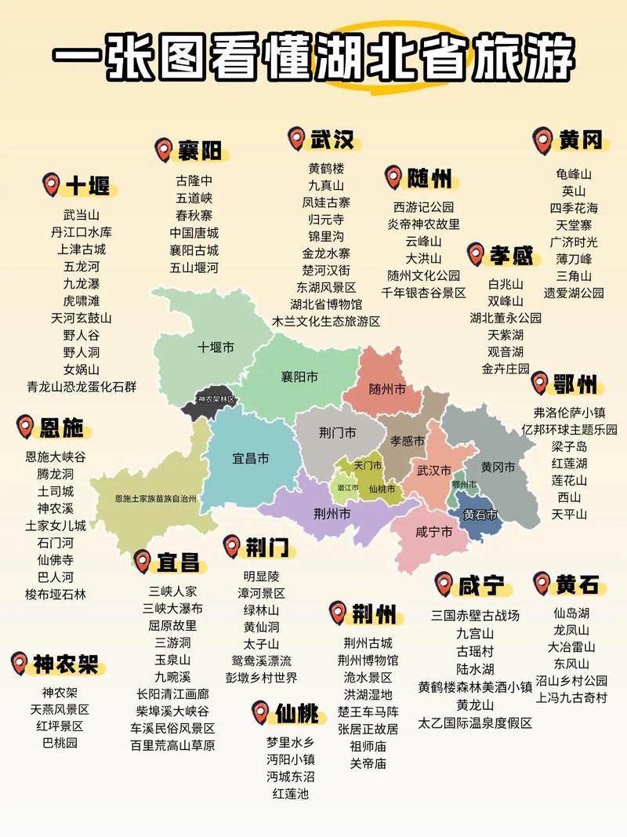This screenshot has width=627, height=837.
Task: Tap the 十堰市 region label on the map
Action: pyautogui.click(x=216, y=346)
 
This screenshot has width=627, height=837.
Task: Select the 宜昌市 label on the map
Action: pyautogui.click(x=251, y=457)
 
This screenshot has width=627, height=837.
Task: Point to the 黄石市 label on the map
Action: pyautogui.click(x=480, y=515)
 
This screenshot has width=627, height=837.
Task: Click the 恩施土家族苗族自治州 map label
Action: pyautogui.click(x=155, y=498)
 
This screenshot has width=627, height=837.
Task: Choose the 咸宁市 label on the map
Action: pyautogui.click(x=433, y=532)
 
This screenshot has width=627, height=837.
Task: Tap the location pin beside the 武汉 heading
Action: pyautogui.click(x=296, y=139)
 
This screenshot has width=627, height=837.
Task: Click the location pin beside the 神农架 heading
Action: pyautogui.click(x=20, y=664)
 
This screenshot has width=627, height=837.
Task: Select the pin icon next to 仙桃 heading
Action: pyautogui.click(x=261, y=712)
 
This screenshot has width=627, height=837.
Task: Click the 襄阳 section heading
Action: pyautogui.click(x=199, y=149)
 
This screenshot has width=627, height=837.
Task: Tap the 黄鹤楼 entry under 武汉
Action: pyautogui.click(x=326, y=168)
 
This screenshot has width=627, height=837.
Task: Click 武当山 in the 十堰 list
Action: pyautogui.click(x=82, y=213)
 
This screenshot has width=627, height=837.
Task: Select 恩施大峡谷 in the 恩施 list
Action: pyautogui.click(x=56, y=457)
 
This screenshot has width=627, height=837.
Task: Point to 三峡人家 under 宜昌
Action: pyautogui.click(x=173, y=591)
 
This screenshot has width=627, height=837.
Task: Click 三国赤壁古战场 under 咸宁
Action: pyautogui.click(x=476, y=615)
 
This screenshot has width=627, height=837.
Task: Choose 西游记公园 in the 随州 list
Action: pyautogui.click(x=423, y=207)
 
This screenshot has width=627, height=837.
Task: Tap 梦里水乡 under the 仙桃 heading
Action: pyautogui.click(x=291, y=741)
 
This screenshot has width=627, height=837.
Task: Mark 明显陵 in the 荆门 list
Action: pyautogui.click(x=260, y=575)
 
